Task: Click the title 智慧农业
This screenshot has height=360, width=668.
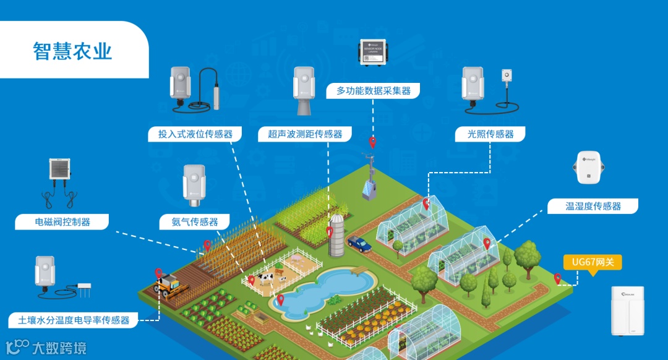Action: pyautogui.click(x=72, y=51)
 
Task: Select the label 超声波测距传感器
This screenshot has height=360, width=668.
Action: pyautogui.click(x=305, y=134)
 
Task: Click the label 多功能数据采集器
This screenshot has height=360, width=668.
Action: pyautogui.click(x=373, y=90)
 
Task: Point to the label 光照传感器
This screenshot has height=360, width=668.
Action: pyautogui.click(x=490, y=134)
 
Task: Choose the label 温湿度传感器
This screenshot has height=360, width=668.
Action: pyautogui.click(x=593, y=206)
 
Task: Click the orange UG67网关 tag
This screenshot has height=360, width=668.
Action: pyautogui.click(x=593, y=262)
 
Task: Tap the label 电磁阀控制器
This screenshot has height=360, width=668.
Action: pyautogui.click(x=62, y=221)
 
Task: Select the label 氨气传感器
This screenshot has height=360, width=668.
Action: pyautogui.click(x=195, y=221)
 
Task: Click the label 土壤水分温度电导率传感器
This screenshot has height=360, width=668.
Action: pyautogui.click(x=74, y=320)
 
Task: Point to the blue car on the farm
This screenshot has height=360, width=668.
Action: pyautogui.click(x=359, y=244)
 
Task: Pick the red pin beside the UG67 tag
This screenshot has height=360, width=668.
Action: pyautogui.click(x=557, y=278)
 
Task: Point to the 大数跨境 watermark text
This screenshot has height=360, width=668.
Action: pyautogui.click(x=59, y=348)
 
